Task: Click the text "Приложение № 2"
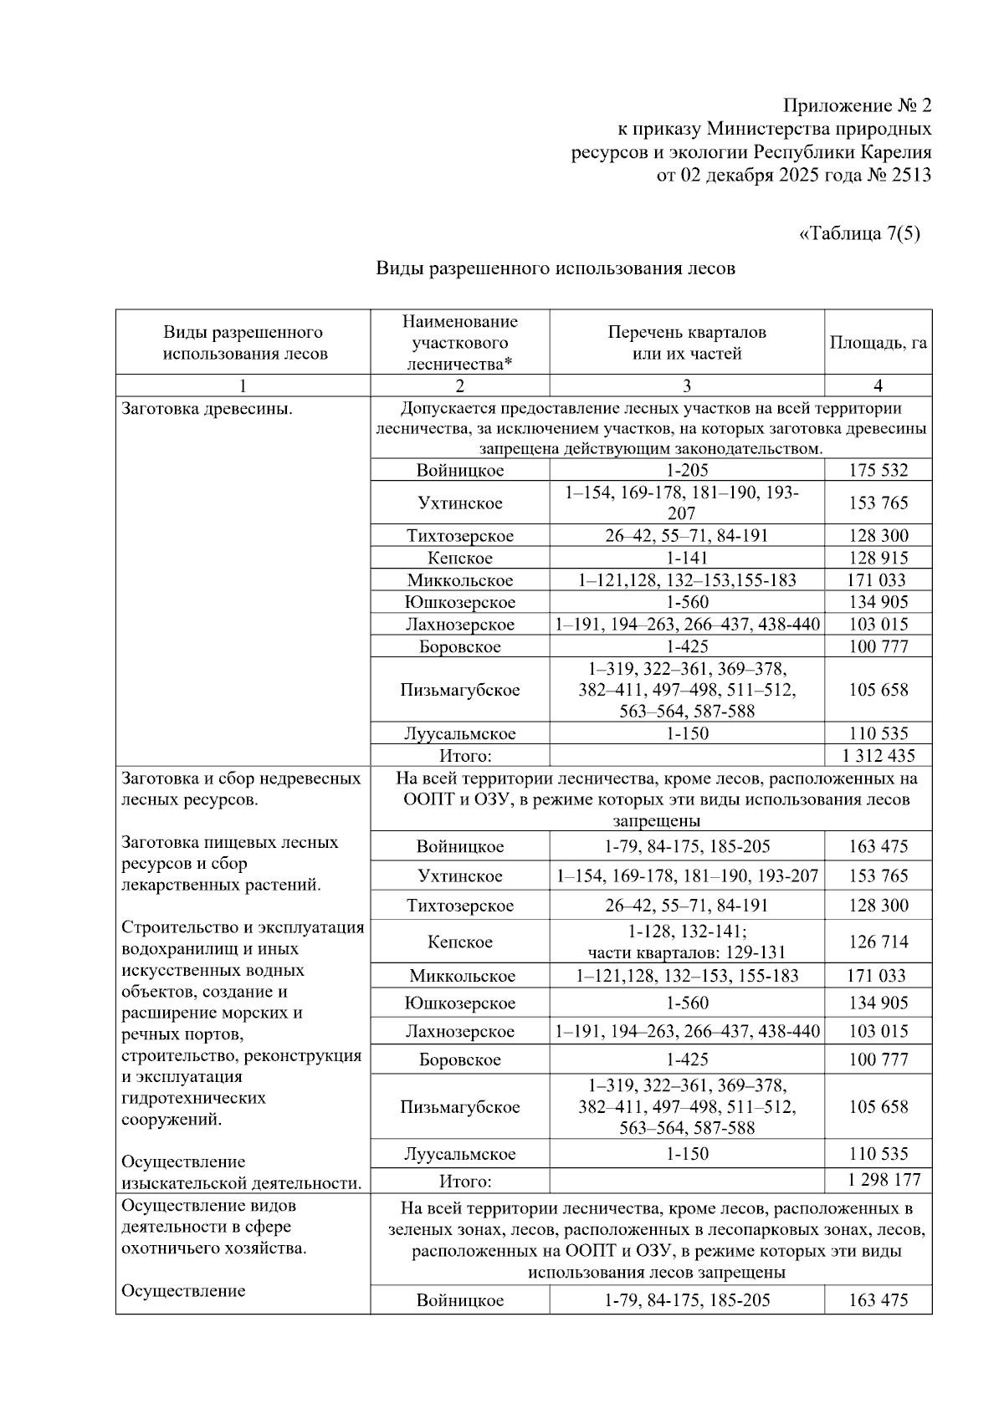point(857,106)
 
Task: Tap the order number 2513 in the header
point(910,176)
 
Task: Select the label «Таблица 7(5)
point(859,233)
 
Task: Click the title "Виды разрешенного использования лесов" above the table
point(555,268)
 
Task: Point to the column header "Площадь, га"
point(878,343)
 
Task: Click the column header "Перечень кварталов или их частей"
point(686,343)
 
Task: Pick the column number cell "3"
point(686,385)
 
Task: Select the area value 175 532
point(878,470)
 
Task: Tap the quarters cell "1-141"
point(686,558)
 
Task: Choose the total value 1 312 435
point(878,756)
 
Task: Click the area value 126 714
point(878,942)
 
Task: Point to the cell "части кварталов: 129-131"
point(686,952)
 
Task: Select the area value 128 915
point(878,558)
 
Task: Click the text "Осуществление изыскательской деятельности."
point(241,1173)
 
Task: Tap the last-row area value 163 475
point(878,1300)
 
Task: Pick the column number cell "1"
point(243,385)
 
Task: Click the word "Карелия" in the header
point(897,153)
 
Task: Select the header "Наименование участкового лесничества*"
point(459,343)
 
